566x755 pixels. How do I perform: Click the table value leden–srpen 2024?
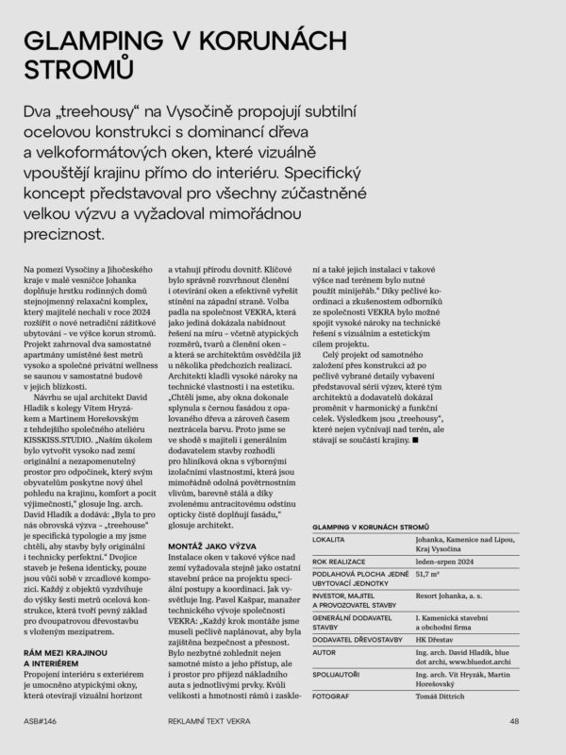coord(443,557)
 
